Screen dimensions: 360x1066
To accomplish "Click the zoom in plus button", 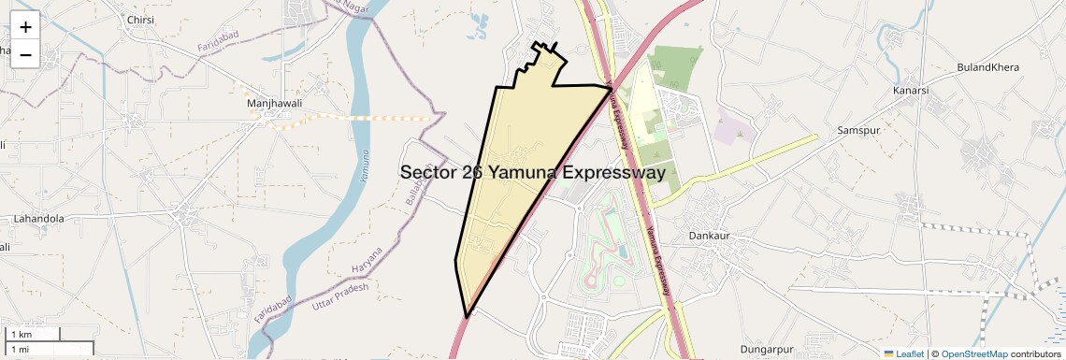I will click(x=25, y=27).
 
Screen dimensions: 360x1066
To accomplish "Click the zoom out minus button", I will click(x=25, y=54).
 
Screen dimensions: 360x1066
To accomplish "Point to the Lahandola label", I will click(x=38, y=218).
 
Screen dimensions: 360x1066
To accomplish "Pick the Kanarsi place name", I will click(x=910, y=91).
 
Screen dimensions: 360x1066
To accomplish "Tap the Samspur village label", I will click(x=859, y=130).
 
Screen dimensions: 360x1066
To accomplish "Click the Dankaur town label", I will click(x=709, y=236).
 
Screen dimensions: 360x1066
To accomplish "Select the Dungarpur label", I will click(x=767, y=349).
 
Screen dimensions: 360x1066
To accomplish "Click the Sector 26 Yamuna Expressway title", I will click(x=532, y=173).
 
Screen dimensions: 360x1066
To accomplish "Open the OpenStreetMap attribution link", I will click(x=973, y=353).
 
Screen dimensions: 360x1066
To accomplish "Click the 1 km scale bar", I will click(x=33, y=334).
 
